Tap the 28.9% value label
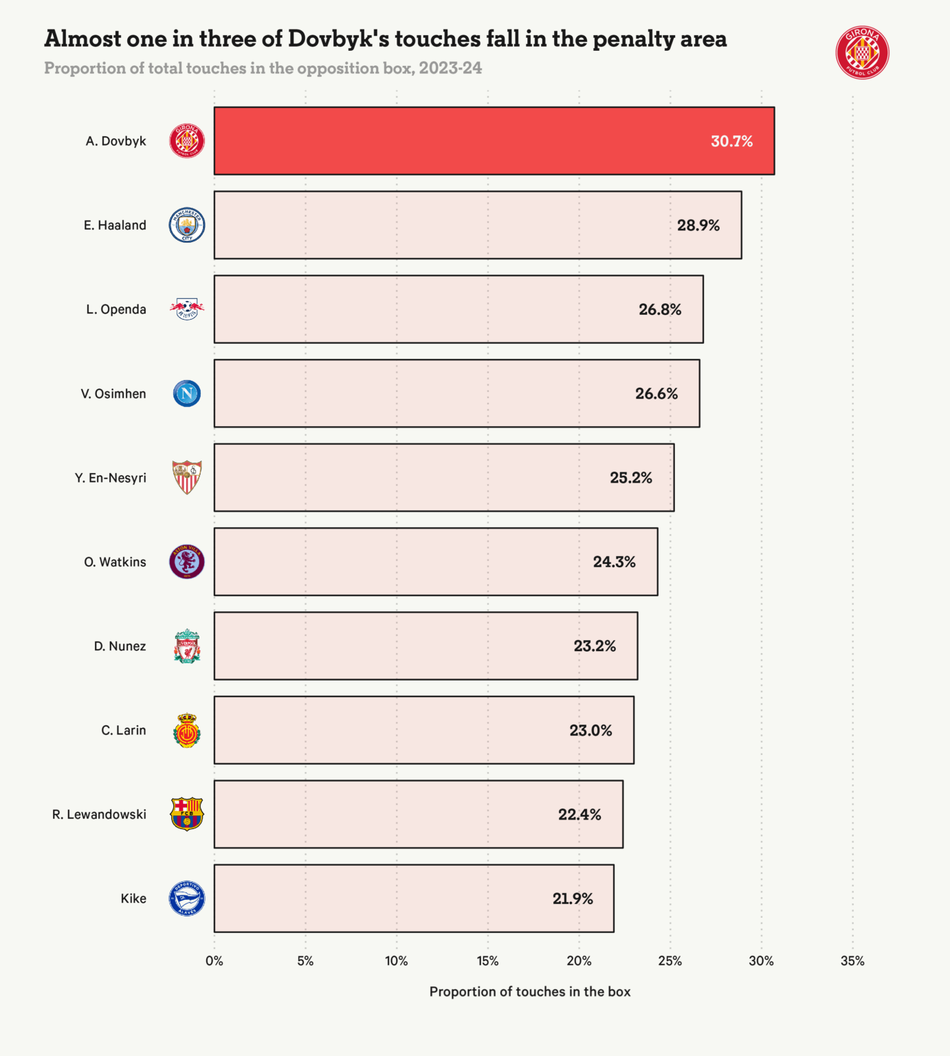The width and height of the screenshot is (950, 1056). [x=698, y=225]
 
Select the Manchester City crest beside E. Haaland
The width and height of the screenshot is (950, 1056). [x=187, y=225]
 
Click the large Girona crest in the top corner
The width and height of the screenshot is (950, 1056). [x=862, y=53]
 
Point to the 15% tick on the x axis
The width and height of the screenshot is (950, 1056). [x=487, y=961]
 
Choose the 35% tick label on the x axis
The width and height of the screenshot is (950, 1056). [x=852, y=961]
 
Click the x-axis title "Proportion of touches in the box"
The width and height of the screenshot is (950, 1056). [x=529, y=991]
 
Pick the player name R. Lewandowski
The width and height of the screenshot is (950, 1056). [x=99, y=815]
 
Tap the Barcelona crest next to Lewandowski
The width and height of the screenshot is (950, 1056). [x=187, y=814]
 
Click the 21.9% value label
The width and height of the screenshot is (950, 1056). [x=572, y=899]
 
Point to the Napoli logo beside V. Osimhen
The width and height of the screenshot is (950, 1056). [x=187, y=393]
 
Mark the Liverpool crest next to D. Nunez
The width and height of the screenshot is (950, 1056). [x=187, y=646]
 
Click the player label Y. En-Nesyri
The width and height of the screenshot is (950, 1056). [x=110, y=478]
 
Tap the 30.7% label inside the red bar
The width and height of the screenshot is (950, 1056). [x=731, y=142]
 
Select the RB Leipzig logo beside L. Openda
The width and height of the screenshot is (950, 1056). [x=187, y=309]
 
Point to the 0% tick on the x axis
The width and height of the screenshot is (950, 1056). [x=214, y=961]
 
